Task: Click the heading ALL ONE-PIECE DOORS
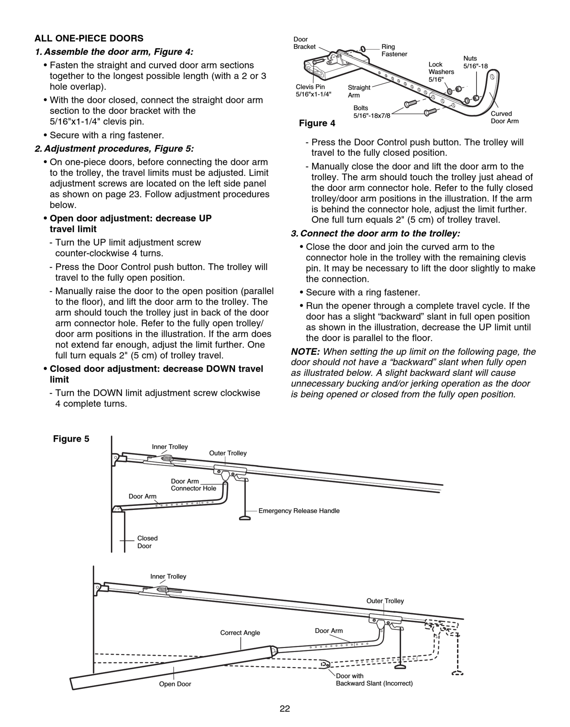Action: (89, 38)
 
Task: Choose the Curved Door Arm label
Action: (504, 117)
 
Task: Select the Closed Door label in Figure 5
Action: (147, 542)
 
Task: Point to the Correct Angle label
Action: (240, 633)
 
